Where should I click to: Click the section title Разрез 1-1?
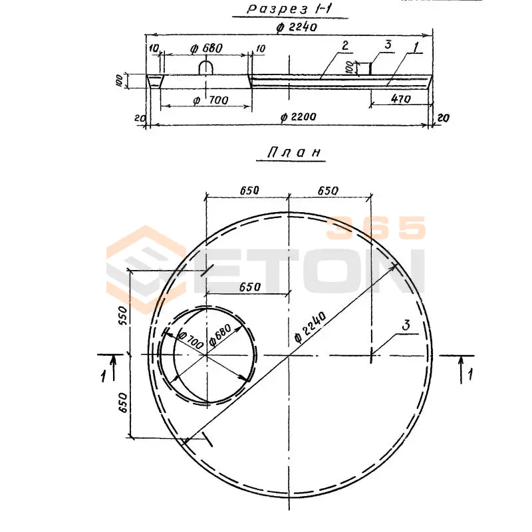pyautogui.click(x=289, y=9)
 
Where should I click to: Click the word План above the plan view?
pyautogui.click(x=294, y=152)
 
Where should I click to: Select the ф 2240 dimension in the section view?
pyautogui.click(x=296, y=27)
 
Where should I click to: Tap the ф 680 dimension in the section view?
pyautogui.click(x=206, y=49)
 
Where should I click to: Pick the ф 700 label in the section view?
pyautogui.click(x=210, y=100)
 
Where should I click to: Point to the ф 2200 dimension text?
pyautogui.click(x=298, y=117)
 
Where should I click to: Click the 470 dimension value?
pyautogui.click(x=401, y=98)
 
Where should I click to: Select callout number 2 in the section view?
pyautogui.click(x=345, y=45)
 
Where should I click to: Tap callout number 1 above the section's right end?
pyautogui.click(x=416, y=47)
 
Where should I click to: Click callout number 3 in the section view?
pyautogui.click(x=388, y=44)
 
